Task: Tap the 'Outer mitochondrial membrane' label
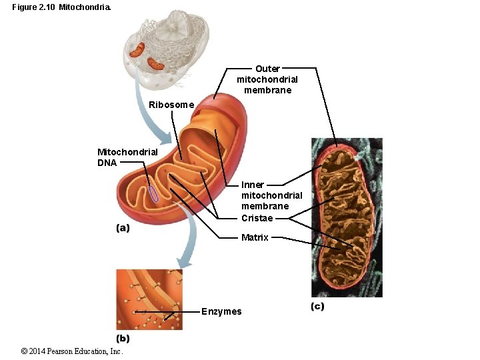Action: (267, 79)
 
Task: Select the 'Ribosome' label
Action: (171, 105)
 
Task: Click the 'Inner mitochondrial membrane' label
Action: (271, 195)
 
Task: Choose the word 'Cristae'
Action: (257, 218)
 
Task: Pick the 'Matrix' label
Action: (255, 237)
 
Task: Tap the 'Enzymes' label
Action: (221, 311)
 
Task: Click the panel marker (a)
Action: (123, 228)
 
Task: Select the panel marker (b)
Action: (123, 337)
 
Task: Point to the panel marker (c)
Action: (317, 306)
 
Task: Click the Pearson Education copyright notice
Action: (72, 351)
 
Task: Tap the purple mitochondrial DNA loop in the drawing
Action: (153, 193)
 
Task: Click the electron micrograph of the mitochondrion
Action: (347, 217)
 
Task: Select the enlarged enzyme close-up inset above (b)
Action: (149, 299)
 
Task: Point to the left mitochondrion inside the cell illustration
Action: (137, 49)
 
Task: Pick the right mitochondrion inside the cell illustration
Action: (156, 64)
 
